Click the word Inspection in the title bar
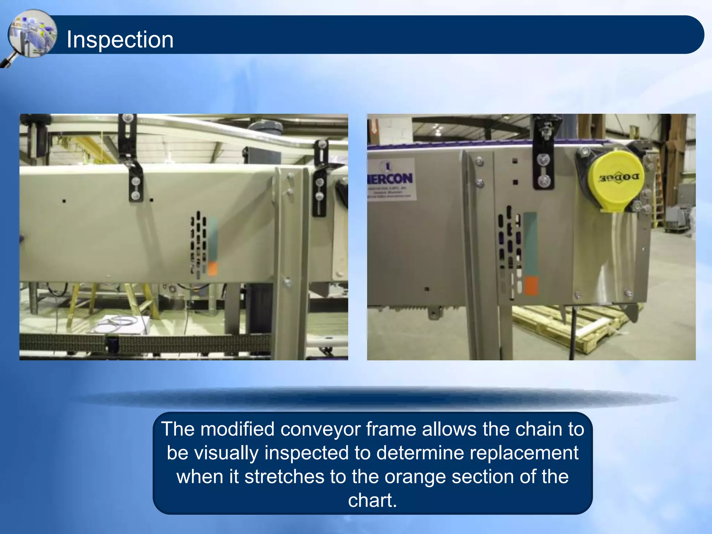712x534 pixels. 120,39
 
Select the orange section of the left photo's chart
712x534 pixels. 213,269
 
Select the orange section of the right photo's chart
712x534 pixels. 531,286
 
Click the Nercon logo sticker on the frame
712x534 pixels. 391,179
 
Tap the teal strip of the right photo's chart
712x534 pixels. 530,243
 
